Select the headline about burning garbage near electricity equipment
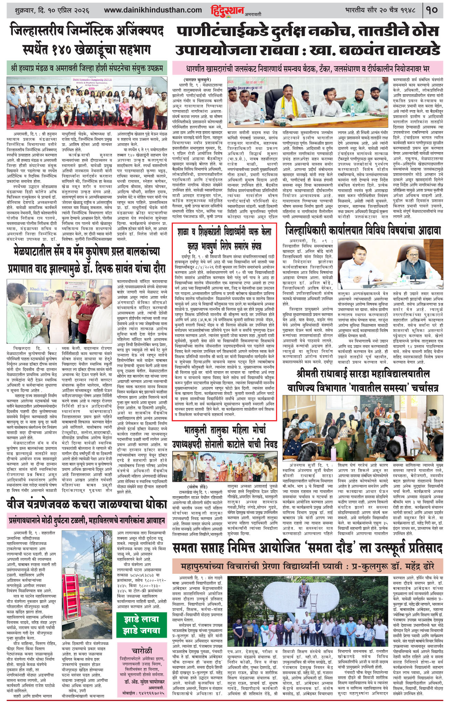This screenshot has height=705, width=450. click(x=87, y=504)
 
